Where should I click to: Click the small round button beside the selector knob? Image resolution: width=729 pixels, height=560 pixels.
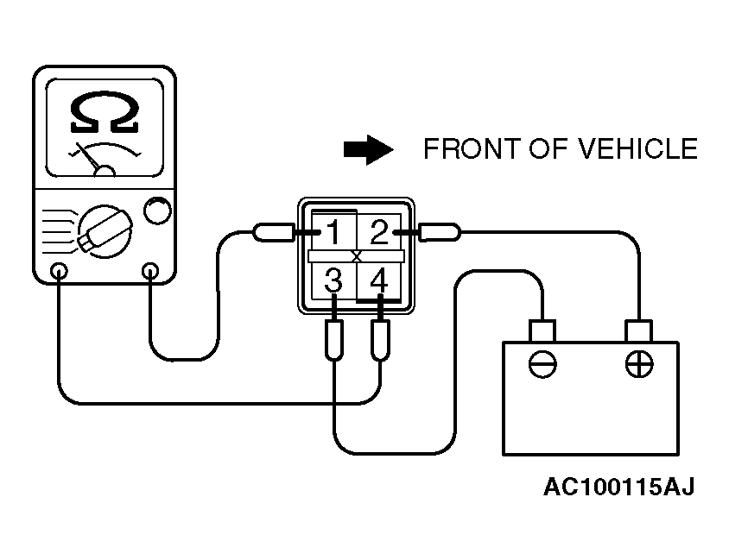click(155, 211)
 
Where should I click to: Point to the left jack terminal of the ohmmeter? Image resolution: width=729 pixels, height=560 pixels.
click(59, 272)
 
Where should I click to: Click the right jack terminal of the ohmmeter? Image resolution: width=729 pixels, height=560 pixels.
click(150, 272)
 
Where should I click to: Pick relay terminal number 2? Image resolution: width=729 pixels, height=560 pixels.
click(379, 231)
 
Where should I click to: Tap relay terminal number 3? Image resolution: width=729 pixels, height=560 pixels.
click(333, 280)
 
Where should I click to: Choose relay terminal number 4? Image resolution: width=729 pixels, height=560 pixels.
click(378, 280)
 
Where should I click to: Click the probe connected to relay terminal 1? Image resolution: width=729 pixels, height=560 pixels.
click(273, 232)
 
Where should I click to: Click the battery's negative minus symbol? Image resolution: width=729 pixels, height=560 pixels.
click(542, 365)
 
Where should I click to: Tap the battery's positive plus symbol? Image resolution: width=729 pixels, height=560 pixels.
click(638, 365)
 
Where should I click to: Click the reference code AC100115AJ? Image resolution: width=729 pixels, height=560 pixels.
click(618, 488)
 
